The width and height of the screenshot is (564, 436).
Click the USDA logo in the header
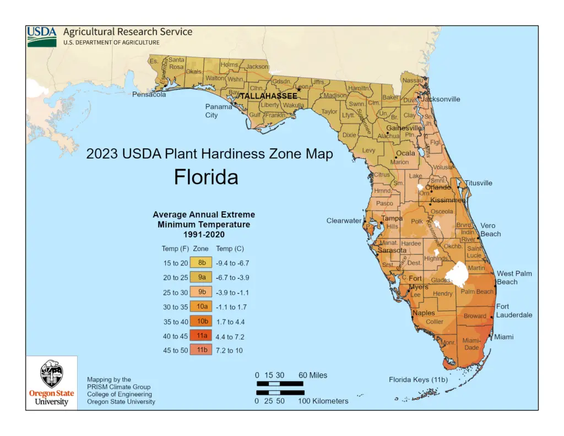pos(42,36)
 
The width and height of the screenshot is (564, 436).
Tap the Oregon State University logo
pos(51,383)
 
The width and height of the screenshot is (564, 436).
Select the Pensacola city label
pos(149,94)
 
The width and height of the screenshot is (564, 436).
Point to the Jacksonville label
pos(441,99)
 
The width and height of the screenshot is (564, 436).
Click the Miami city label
pos(503,337)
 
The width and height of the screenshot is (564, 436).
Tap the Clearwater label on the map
pos(344,220)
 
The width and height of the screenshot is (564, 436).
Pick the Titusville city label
pos(479,183)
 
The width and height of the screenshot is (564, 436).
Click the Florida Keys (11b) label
pos(418,380)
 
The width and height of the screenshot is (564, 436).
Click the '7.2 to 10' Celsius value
pos(229,350)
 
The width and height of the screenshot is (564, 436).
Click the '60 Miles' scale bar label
pos(313,375)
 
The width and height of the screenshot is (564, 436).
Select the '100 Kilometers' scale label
pos(323,401)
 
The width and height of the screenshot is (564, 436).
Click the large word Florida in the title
pos(206,177)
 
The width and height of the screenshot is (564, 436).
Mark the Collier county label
pos(434,321)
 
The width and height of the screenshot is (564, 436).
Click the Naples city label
pos(424,313)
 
